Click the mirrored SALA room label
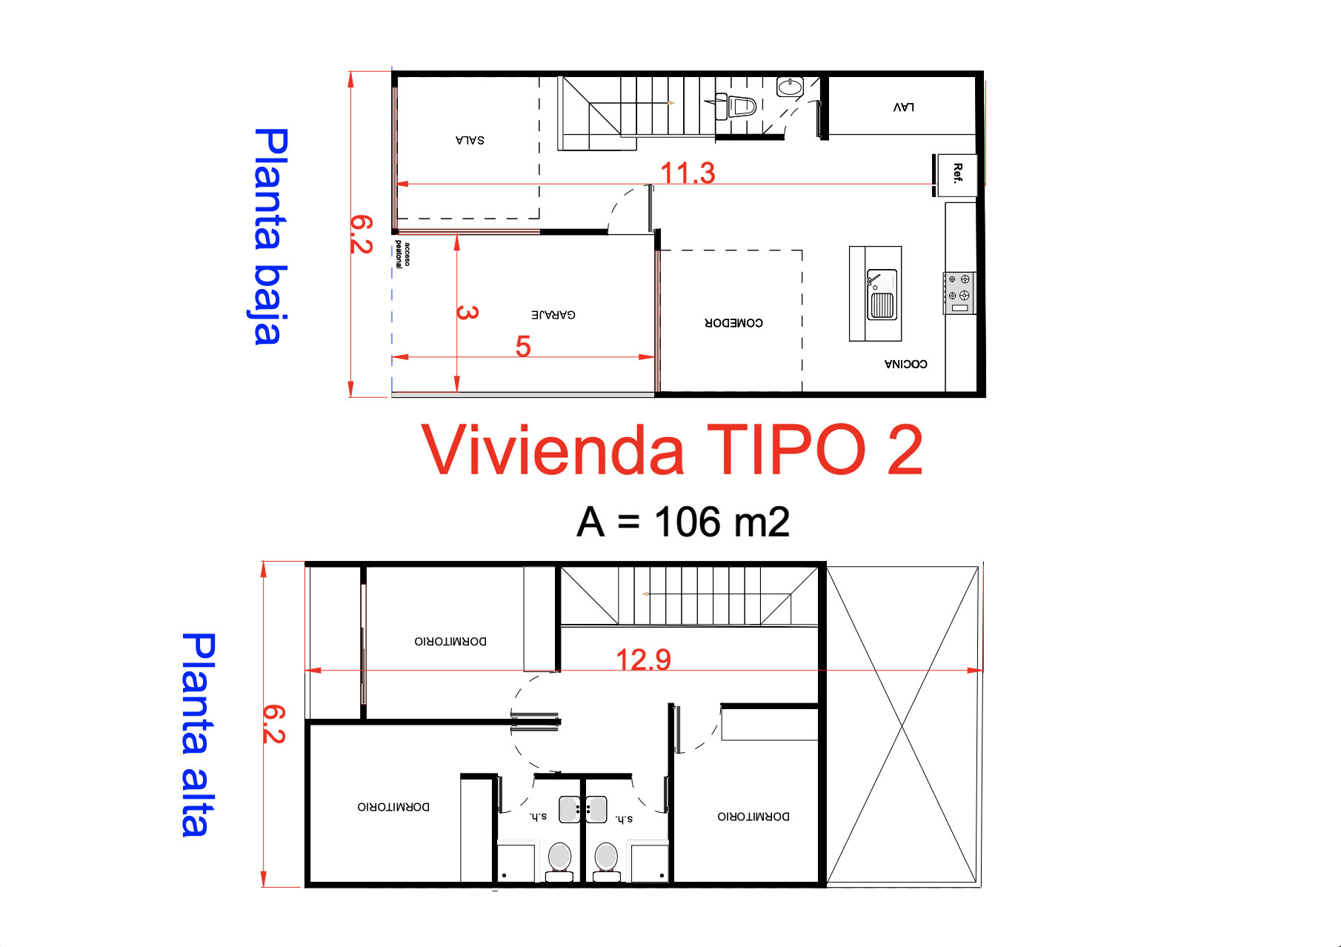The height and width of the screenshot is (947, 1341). (x=470, y=140)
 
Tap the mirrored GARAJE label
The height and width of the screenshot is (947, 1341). (x=553, y=315)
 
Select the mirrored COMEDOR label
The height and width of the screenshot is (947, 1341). (x=733, y=323)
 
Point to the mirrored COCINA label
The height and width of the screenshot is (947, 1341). (x=905, y=364)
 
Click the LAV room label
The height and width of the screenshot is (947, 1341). (x=903, y=107)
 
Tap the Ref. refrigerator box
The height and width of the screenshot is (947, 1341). (x=956, y=175)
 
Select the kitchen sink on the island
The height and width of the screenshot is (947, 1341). (x=882, y=294)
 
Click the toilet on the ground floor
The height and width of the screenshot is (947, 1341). (x=737, y=107)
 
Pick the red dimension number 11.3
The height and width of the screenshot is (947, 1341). (x=688, y=173)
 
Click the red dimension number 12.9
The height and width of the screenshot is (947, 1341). (x=643, y=659)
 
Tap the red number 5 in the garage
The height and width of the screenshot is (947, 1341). (x=523, y=347)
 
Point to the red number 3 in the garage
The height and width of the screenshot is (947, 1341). (x=467, y=312)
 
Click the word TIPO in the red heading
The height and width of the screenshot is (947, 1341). (x=785, y=450)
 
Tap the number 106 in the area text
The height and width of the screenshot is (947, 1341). (x=688, y=522)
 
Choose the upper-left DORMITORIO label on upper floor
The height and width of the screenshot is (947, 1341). (x=450, y=642)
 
